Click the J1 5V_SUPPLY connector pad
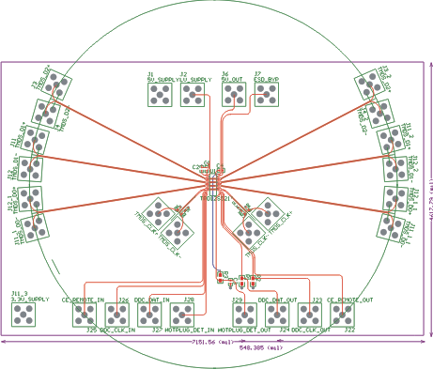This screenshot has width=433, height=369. tap(161, 96)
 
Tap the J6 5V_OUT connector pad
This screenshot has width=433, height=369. tap(231, 96)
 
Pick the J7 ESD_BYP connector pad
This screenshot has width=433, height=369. tap(265, 96)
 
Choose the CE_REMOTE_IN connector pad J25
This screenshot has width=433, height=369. tap(85, 315)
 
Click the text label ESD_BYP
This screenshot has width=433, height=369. tap(266, 80)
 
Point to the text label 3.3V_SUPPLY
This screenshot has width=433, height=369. tap(30, 300)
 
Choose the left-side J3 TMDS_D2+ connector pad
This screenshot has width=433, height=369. tap(55, 85)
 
